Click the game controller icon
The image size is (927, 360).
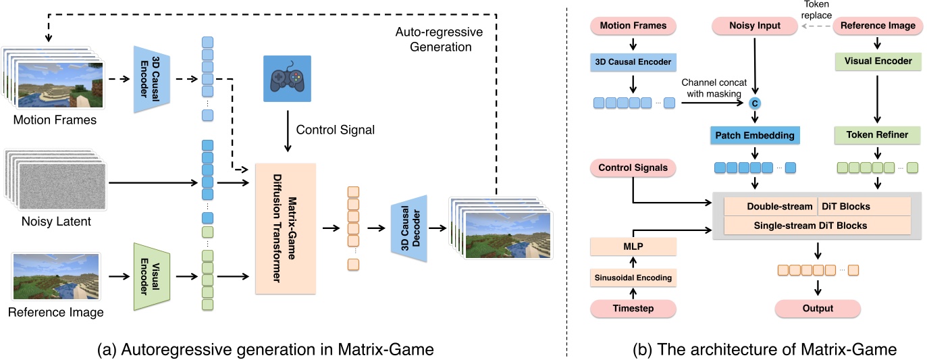tap(288, 78)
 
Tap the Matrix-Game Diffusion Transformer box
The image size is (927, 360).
tap(287, 228)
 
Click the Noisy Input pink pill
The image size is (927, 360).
tap(756, 26)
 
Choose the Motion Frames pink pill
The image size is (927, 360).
tap(633, 26)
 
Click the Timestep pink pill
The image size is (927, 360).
tap(633, 309)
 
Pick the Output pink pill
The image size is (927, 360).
tap(818, 309)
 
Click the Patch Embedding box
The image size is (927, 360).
tap(756, 136)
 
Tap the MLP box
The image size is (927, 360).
tap(633, 247)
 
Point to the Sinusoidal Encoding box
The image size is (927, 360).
tap(633, 278)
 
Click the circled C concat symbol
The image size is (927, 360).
tap(756, 103)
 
